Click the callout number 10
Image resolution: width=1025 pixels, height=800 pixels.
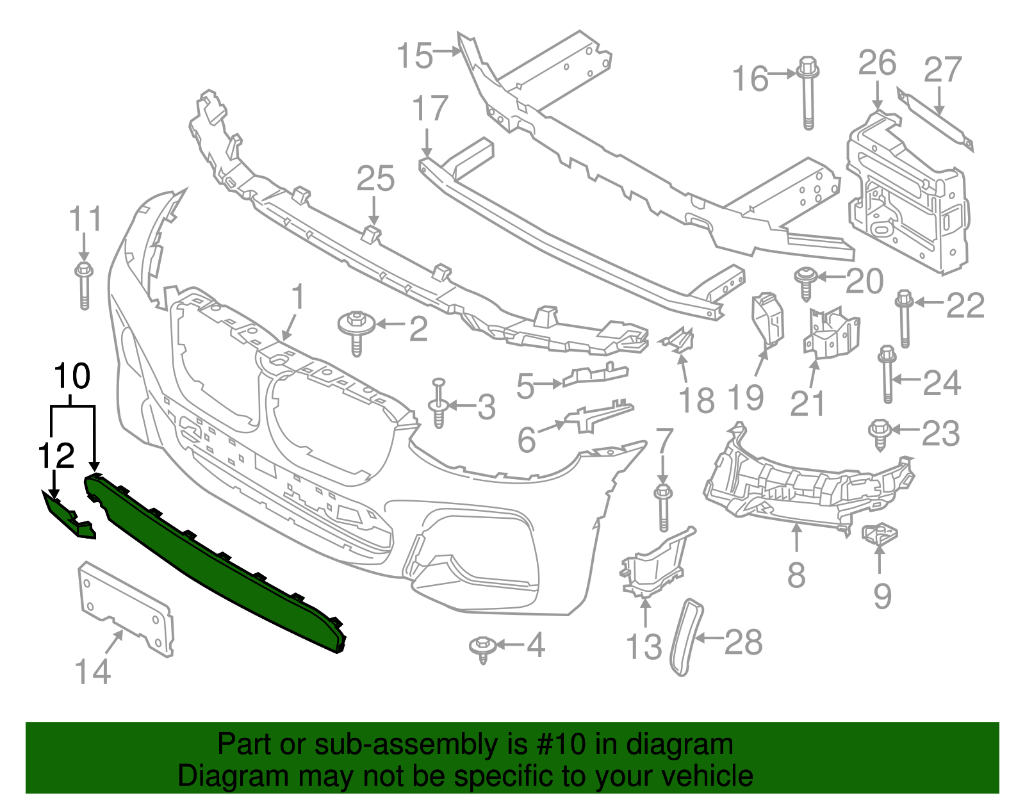pyautogui.click(x=72, y=376)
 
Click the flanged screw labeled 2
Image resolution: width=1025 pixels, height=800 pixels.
pyautogui.click(x=357, y=330)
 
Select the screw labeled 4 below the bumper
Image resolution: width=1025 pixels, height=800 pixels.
pyautogui.click(x=482, y=648)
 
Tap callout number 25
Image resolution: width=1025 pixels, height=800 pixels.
pyautogui.click(x=375, y=179)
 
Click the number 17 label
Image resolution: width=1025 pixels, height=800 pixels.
pyautogui.click(x=430, y=108)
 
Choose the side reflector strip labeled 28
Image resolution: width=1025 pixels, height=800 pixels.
pyautogui.click(x=684, y=637)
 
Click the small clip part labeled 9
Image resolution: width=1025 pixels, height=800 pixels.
pyautogui.click(x=880, y=534)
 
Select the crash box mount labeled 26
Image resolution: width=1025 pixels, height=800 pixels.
pyautogui.click(x=906, y=192)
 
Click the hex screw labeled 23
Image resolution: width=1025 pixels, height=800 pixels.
pyautogui.click(x=878, y=434)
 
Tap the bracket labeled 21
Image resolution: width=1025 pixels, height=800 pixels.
pyautogui.click(x=831, y=333)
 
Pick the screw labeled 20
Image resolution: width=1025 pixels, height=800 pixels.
pyautogui.click(x=805, y=282)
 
